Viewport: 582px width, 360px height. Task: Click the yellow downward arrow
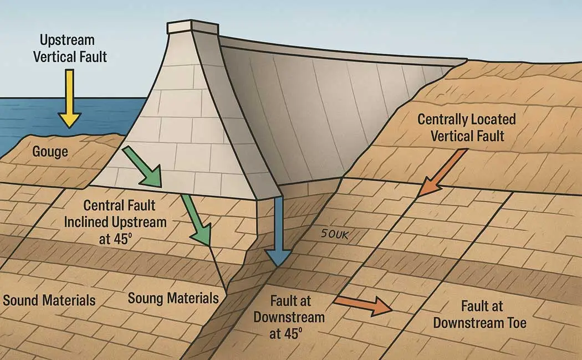click(69, 99)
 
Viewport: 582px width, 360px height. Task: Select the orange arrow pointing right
click(363, 304)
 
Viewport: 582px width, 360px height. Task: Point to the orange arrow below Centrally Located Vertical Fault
click(442, 172)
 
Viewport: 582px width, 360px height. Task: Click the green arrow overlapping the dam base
click(142, 166)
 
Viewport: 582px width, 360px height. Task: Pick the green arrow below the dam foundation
click(197, 220)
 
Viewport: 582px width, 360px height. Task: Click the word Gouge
click(50, 152)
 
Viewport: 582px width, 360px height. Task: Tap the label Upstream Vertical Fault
click(69, 48)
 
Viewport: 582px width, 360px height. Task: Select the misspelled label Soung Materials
click(173, 298)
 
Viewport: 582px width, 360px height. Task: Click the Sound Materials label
click(49, 300)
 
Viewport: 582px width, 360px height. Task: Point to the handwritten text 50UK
click(335, 234)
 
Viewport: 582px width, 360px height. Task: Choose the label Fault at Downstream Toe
click(479, 315)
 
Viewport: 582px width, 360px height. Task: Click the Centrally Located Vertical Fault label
click(467, 127)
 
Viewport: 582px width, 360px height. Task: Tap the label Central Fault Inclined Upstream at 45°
click(115, 222)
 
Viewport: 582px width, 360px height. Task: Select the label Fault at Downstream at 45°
click(289, 317)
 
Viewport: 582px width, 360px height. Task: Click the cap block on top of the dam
click(193, 27)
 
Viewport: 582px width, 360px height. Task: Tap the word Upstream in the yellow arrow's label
click(67, 40)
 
